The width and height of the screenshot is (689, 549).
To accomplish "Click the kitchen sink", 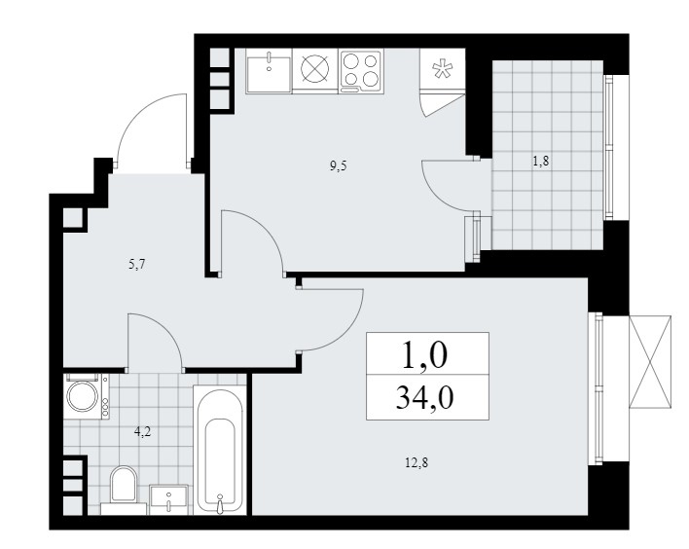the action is (269, 71).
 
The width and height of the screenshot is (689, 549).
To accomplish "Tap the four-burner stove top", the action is (361, 71).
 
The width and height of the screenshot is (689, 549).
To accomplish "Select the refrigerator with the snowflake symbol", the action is (442, 69).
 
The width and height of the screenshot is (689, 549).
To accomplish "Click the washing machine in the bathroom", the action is (86, 396).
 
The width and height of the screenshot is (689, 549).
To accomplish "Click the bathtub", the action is (219, 451).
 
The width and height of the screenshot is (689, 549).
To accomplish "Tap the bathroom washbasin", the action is (169, 499).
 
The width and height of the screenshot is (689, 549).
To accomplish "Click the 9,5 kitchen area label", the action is (339, 166).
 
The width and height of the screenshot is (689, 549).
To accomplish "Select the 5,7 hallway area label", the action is (137, 265).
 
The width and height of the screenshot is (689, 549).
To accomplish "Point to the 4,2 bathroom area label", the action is (142, 431).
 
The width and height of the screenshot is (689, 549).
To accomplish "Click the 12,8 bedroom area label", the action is (417, 462).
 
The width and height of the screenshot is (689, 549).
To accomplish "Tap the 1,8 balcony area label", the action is (541, 162).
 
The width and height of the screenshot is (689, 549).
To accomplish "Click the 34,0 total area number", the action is (424, 398).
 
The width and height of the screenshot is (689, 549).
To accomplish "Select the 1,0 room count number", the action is (424, 354).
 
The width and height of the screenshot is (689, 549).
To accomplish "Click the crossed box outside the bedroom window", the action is (650, 362).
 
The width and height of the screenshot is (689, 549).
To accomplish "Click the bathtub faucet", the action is (220, 503).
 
